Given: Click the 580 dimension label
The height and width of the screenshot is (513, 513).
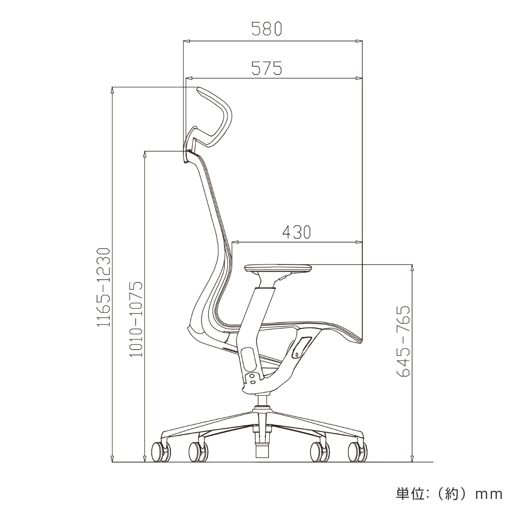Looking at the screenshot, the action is (266, 29).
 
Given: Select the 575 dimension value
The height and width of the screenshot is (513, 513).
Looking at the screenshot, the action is (266, 68).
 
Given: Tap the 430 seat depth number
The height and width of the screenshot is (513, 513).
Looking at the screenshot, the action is (296, 232).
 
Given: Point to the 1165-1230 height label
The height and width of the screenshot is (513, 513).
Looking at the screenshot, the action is (103, 287).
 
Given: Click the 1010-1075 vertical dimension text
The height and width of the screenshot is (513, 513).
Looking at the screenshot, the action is (136, 319).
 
